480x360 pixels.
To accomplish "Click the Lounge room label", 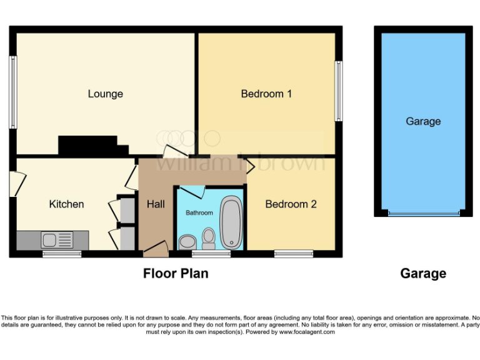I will (105, 94).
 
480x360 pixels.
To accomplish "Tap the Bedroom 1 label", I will (267, 94).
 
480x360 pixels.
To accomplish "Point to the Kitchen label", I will (66, 204).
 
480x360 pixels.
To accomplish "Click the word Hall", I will (156, 204).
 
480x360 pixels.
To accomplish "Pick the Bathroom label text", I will (199, 213).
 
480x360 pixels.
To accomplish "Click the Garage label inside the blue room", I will (423, 121).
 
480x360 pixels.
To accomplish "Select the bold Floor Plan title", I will (176, 273).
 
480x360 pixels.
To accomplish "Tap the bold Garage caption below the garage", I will (423, 273).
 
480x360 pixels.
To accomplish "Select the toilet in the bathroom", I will (209, 237).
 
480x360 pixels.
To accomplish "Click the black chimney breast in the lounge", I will (88, 146).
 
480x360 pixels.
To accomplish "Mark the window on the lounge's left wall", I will (12, 92).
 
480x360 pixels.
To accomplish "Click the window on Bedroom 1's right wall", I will (339, 91).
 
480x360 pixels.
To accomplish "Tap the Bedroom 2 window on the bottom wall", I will (294, 254).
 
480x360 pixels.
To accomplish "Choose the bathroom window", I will (211, 254).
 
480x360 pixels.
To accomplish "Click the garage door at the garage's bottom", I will (423, 214).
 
